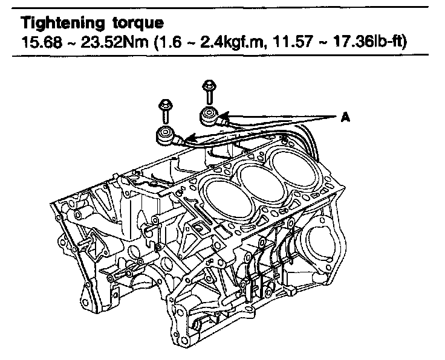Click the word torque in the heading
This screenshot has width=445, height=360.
click(x=138, y=24)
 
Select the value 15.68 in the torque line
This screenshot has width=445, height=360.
click(x=42, y=42)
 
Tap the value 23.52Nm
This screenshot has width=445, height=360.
click(x=114, y=42)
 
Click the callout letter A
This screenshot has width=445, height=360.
click(x=345, y=117)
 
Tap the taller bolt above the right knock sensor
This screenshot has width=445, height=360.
click(x=209, y=92)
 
